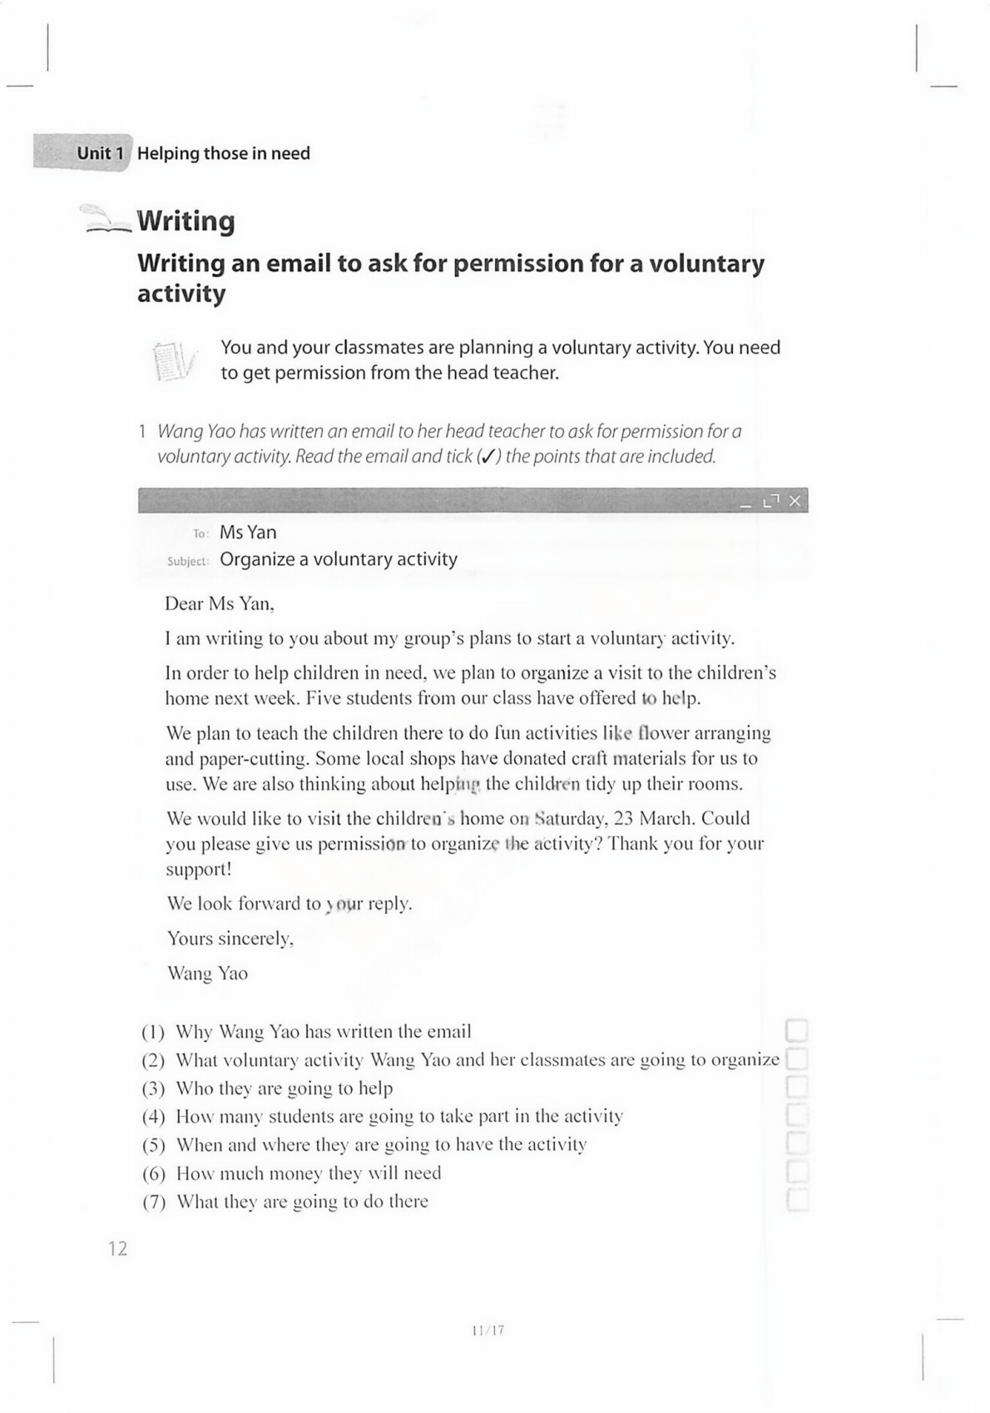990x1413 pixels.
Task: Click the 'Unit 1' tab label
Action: click(100, 153)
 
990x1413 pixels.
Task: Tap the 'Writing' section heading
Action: click(186, 221)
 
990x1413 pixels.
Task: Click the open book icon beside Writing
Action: click(105, 219)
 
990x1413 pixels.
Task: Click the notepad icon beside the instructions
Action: click(175, 360)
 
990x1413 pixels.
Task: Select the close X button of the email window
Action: click(794, 501)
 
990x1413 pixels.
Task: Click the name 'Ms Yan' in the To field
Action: click(248, 533)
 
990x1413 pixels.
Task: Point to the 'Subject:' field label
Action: click(187, 561)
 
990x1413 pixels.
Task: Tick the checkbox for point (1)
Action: click(796, 1031)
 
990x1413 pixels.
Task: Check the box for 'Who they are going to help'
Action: click(796, 1088)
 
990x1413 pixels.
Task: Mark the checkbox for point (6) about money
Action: click(796, 1173)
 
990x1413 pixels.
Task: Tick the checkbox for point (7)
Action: click(796, 1200)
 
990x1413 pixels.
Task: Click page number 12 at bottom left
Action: click(117, 1248)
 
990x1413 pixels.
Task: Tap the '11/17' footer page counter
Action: click(488, 1331)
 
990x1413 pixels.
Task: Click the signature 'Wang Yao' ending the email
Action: click(207, 974)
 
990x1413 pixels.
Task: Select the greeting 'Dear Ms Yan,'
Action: click(219, 604)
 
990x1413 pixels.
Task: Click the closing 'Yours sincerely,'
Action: click(230, 939)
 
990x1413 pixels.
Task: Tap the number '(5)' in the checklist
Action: click(154, 1145)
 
